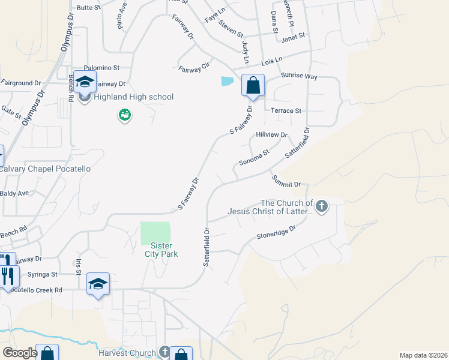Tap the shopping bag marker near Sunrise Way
pos(253,85)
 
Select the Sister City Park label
pos(158,250)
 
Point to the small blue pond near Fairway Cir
pos(228,81)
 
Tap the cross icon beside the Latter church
pos(322,207)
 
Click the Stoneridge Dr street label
pos(277,232)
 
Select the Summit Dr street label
pos(286,179)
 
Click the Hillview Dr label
pos(271,135)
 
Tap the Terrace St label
pos(286,110)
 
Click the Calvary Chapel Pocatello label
pos(45,169)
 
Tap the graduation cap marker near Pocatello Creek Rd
pos(98,284)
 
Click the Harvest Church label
pos(128,352)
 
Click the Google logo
pos(20,353)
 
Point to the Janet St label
pos(293,36)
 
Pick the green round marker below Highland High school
pos(124,115)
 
